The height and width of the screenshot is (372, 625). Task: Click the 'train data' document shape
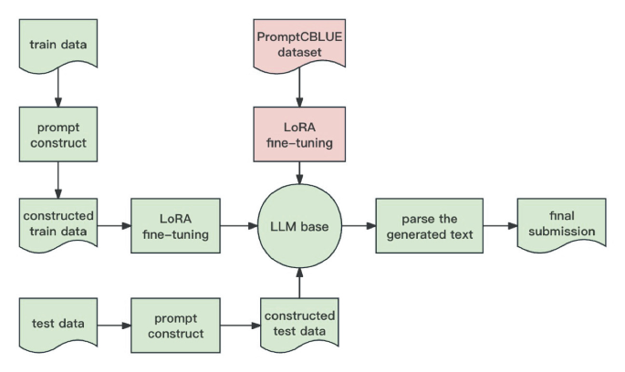(x=57, y=43)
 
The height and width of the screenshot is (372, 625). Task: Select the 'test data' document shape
(x=57, y=323)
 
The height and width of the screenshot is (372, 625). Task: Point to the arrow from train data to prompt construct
(x=57, y=88)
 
